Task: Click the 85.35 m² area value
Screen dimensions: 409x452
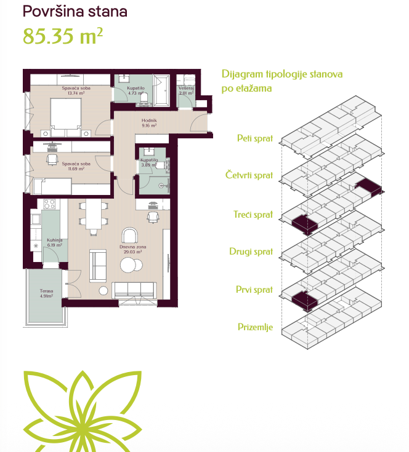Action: coord(63,36)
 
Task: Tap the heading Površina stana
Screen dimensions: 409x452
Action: coord(75,12)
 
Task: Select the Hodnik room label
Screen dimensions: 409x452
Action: coord(149,123)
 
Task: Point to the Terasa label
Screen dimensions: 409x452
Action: coord(46,293)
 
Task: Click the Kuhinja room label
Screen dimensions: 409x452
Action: coord(55,242)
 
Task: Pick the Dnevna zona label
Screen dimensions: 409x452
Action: coord(133,249)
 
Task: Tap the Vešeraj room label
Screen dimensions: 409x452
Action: coord(186,90)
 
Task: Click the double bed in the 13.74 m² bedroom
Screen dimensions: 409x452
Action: coord(66,117)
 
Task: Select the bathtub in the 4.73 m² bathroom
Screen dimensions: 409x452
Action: coord(161,90)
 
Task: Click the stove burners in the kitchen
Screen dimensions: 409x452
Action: coord(49,204)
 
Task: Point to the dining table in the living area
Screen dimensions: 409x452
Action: coord(94,215)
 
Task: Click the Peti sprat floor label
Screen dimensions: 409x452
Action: coord(255,138)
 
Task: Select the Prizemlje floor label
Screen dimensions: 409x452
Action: coord(256,327)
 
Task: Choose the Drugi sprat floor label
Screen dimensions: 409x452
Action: coord(251,252)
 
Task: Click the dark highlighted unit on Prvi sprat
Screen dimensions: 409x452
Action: coord(305,301)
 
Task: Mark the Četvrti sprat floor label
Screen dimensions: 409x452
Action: coord(249,175)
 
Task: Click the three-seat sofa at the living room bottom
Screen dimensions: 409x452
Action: coord(134,290)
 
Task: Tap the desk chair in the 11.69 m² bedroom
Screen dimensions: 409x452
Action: coord(52,159)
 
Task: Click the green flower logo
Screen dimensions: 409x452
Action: coord(83,411)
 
